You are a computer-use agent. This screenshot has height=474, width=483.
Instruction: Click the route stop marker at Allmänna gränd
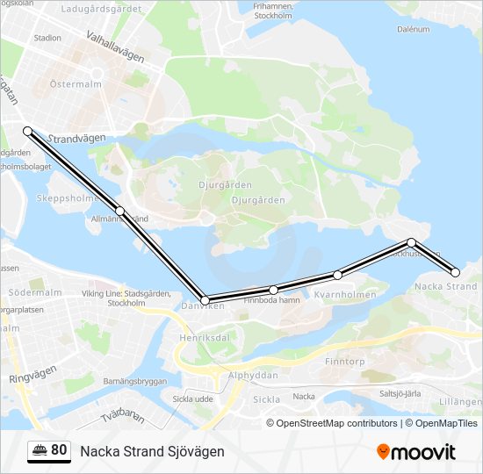[119, 211]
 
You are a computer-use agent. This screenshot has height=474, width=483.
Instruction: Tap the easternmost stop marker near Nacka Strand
[455, 272]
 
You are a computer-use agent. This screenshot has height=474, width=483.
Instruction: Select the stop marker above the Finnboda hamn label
[274, 290]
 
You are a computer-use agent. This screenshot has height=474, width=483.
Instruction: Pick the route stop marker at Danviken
[205, 300]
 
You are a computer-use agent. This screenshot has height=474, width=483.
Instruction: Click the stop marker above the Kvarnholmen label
[337, 275]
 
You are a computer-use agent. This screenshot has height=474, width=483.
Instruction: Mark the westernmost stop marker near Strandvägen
[27, 131]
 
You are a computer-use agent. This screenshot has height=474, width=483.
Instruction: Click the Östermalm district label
[76, 84]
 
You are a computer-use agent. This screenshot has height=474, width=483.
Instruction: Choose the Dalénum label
[412, 29]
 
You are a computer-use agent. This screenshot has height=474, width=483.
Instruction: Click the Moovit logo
[416, 452]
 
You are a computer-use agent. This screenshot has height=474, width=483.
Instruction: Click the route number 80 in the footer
[59, 450]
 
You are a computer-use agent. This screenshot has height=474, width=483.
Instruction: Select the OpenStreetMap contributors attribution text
[336, 423]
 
